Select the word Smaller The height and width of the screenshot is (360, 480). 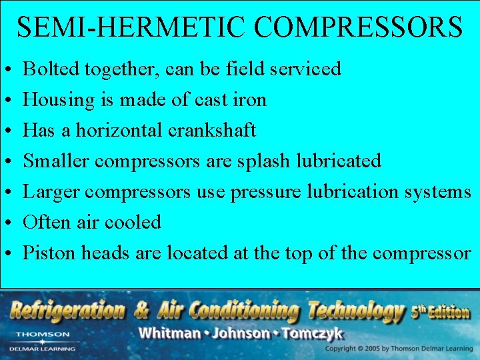(x=56, y=161)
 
